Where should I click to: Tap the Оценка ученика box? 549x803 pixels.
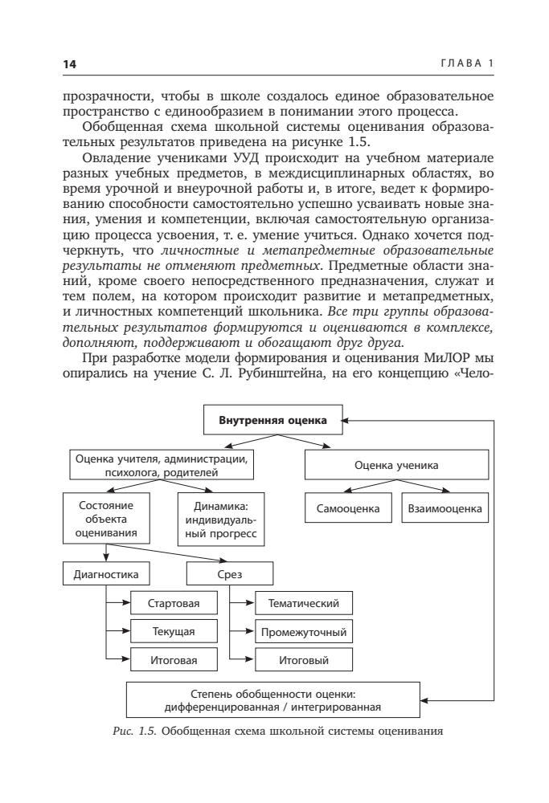pyautogui.click(x=398, y=464)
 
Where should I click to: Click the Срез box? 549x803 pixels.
pyautogui.click(x=229, y=574)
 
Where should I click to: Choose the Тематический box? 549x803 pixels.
pyautogui.click(x=303, y=603)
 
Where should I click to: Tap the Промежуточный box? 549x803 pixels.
pyautogui.click(x=303, y=632)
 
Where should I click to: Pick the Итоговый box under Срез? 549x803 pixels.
pyautogui.click(x=303, y=661)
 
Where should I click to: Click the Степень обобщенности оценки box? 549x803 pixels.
pyautogui.click(x=272, y=700)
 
